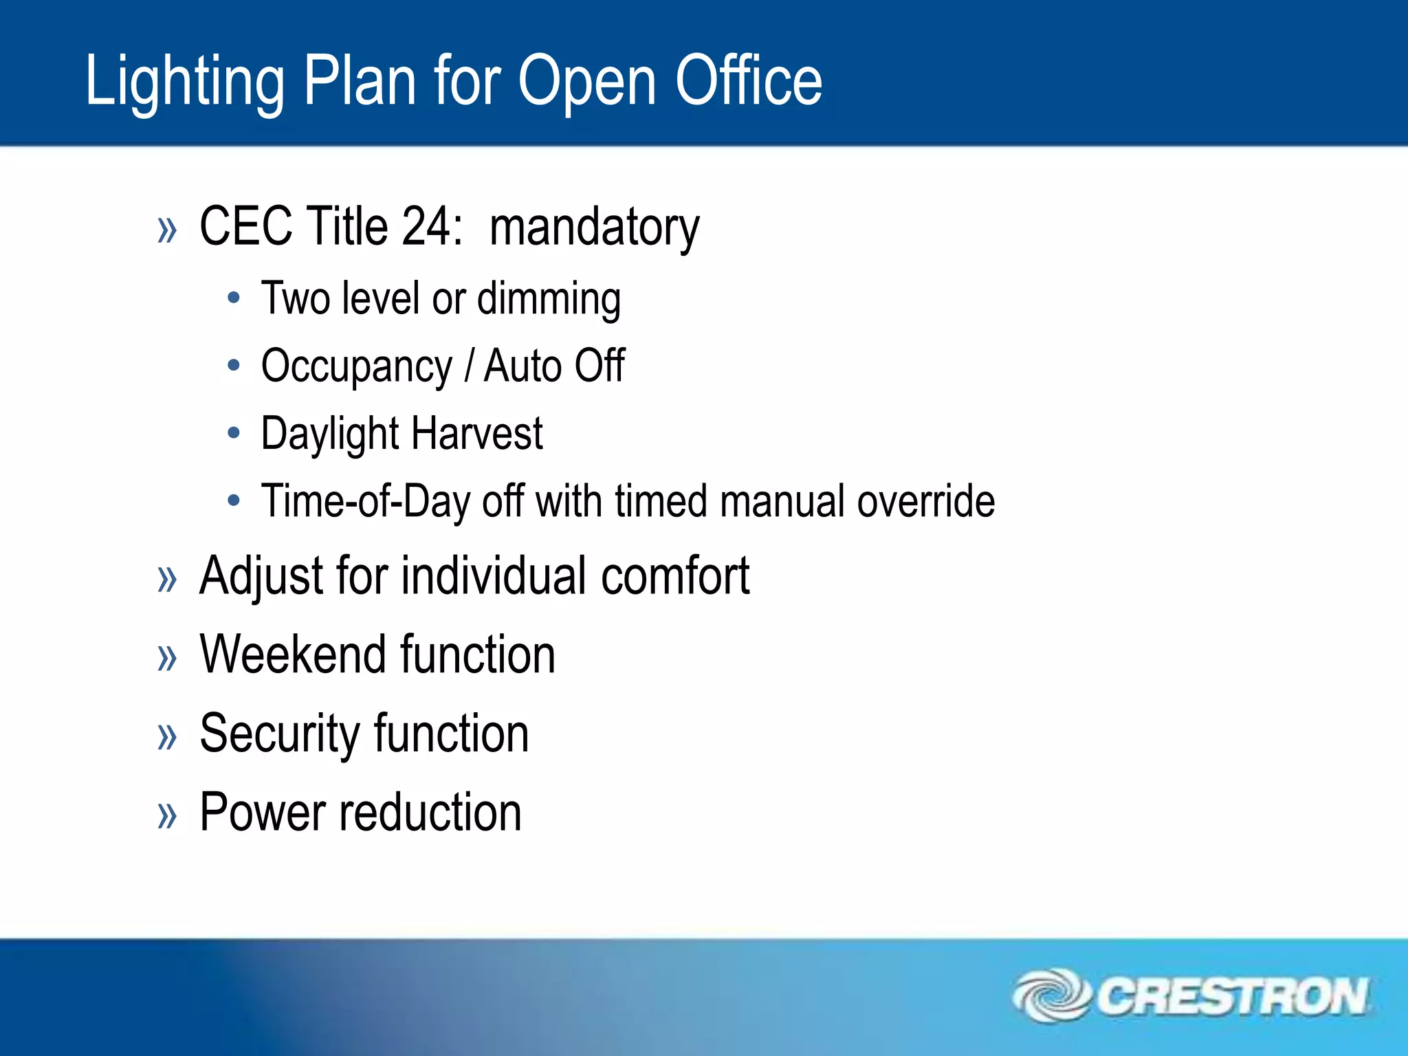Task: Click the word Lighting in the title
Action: pyautogui.click(x=184, y=82)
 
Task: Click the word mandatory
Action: pyautogui.click(x=594, y=228)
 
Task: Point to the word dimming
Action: pyautogui.click(x=549, y=299)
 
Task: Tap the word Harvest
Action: pyautogui.click(x=477, y=433)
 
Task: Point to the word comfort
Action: pyautogui.click(x=675, y=575)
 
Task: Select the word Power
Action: pyautogui.click(x=262, y=813)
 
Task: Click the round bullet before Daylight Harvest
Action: pyautogui.click(x=234, y=433)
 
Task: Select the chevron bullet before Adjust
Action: pyautogui.click(x=167, y=579)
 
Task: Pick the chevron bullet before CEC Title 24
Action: pyautogui.click(x=167, y=230)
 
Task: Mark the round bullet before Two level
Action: pyautogui.click(x=234, y=298)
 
